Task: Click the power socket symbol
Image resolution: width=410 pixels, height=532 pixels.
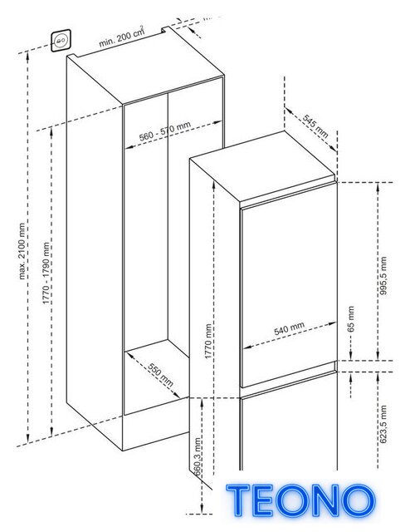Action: pyautogui.click(x=61, y=41)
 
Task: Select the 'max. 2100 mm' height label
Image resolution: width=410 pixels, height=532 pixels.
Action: pyautogui.click(x=22, y=251)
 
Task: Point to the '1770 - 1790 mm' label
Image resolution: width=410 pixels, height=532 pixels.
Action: pyautogui.click(x=46, y=273)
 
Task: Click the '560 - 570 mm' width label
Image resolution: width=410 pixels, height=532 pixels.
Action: pyautogui.click(x=165, y=131)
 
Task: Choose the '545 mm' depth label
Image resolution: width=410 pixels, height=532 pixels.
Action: pyautogui.click(x=315, y=126)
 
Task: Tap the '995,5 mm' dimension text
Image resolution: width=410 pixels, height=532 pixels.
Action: pyautogui.click(x=383, y=275)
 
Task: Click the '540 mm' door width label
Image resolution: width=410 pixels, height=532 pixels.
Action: pyautogui.click(x=289, y=328)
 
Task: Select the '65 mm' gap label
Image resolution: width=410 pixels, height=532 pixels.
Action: pyautogui.click(x=351, y=318)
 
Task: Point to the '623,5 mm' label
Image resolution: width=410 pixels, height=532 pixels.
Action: pyautogui.click(x=383, y=424)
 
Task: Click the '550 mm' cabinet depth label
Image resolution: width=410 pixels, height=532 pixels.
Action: pyautogui.click(x=161, y=375)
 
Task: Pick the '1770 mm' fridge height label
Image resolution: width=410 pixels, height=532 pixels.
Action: pyautogui.click(x=208, y=341)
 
